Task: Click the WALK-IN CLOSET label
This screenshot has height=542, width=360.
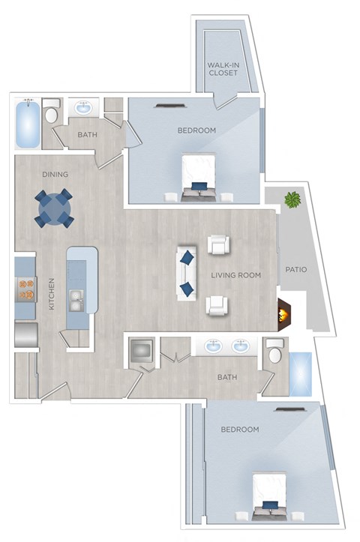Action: click(x=223, y=69)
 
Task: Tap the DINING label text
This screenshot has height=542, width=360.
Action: click(x=55, y=175)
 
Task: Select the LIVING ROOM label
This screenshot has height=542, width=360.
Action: click(x=235, y=275)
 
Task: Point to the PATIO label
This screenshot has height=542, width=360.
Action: click(x=297, y=269)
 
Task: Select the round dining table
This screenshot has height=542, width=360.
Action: click(x=54, y=208)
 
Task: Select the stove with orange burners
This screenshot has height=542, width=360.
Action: click(x=25, y=289)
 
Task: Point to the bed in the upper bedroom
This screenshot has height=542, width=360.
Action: click(x=198, y=177)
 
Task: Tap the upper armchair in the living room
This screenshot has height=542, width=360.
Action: click(x=217, y=245)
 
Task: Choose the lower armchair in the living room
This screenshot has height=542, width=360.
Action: click(x=217, y=304)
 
